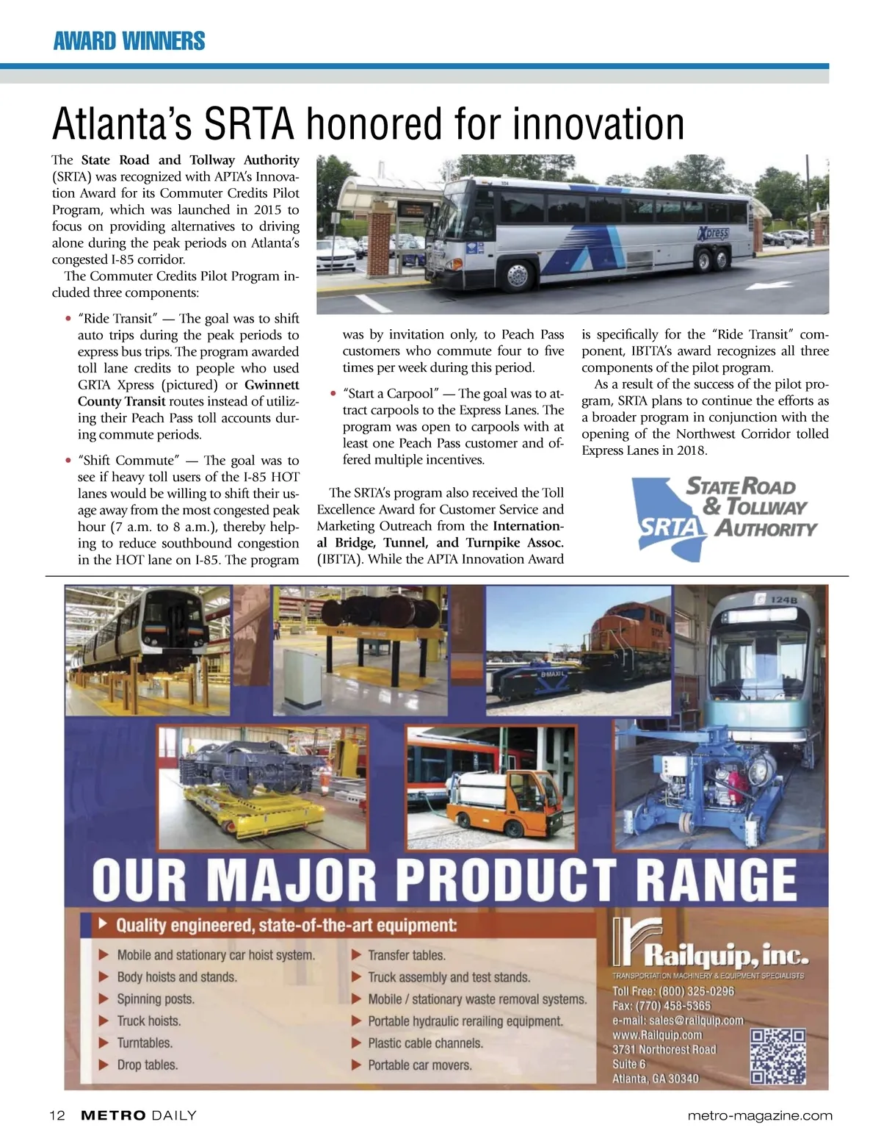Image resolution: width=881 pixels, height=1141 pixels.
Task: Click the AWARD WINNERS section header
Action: point(129,40)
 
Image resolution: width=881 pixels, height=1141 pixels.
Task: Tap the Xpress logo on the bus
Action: point(713,234)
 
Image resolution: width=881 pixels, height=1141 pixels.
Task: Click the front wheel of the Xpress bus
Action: point(517,276)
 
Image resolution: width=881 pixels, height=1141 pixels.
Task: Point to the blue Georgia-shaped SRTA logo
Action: point(670,517)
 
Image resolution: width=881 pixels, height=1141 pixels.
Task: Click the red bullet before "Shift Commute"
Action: point(68,461)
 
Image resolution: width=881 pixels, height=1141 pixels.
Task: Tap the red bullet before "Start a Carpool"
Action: point(333,394)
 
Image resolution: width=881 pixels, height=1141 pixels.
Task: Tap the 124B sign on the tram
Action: point(783,600)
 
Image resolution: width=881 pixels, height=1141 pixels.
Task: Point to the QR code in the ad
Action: point(777,1057)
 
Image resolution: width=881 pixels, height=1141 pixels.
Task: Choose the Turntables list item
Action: point(145,1043)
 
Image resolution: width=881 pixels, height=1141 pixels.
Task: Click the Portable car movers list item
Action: point(419,1065)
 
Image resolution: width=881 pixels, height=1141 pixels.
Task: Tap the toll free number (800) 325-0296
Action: point(697,991)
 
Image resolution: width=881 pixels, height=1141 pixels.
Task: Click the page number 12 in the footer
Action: point(57,1115)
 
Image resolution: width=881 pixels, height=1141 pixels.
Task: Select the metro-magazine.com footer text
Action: point(760,1115)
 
